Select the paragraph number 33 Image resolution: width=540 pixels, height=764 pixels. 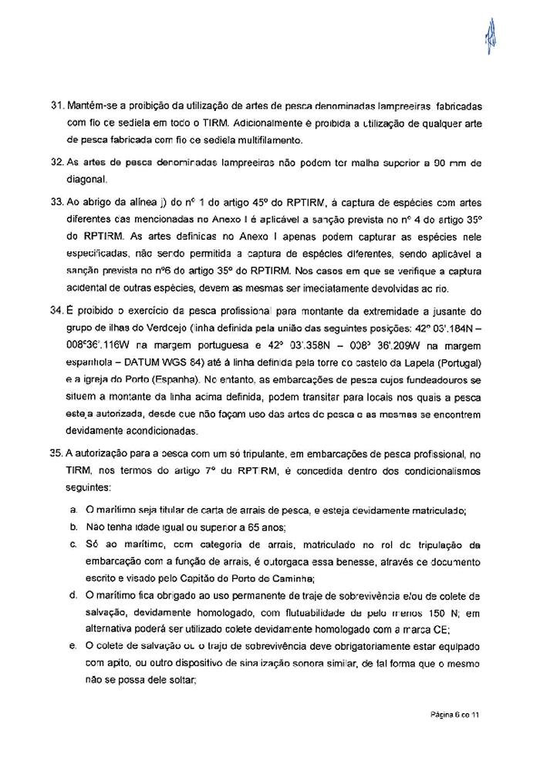click(x=56, y=204)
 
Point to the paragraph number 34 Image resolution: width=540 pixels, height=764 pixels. click(x=56, y=310)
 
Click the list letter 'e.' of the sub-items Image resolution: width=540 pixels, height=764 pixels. click(x=73, y=646)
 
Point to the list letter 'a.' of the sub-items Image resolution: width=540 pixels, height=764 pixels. click(x=73, y=510)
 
